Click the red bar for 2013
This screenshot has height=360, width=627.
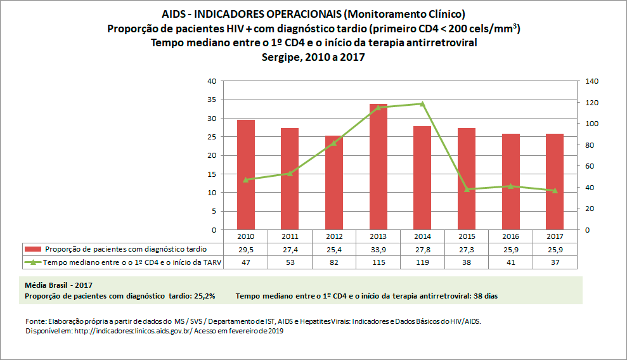378,167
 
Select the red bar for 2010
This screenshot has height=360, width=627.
247,174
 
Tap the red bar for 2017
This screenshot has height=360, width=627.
555,181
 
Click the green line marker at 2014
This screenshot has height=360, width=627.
422,103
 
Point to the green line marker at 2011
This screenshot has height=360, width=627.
290,173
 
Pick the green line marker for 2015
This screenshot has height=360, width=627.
467,189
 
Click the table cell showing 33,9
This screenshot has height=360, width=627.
378,249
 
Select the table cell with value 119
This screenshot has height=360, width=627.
422,262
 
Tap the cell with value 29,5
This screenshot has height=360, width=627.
247,249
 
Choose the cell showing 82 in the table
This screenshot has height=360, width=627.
334,262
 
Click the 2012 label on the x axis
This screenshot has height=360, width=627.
334,236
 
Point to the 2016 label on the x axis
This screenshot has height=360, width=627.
510,236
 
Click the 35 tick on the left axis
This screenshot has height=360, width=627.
212,100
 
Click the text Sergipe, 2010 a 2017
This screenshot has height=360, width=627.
313,56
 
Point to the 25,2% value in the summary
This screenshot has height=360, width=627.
205,296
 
